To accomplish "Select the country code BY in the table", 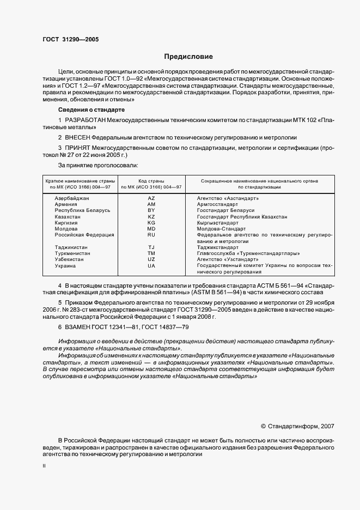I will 151,210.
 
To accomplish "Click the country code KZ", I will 151,216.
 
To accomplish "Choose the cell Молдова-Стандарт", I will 221,229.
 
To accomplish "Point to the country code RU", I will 151,235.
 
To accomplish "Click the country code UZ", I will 151,259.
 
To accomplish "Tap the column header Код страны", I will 151,180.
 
